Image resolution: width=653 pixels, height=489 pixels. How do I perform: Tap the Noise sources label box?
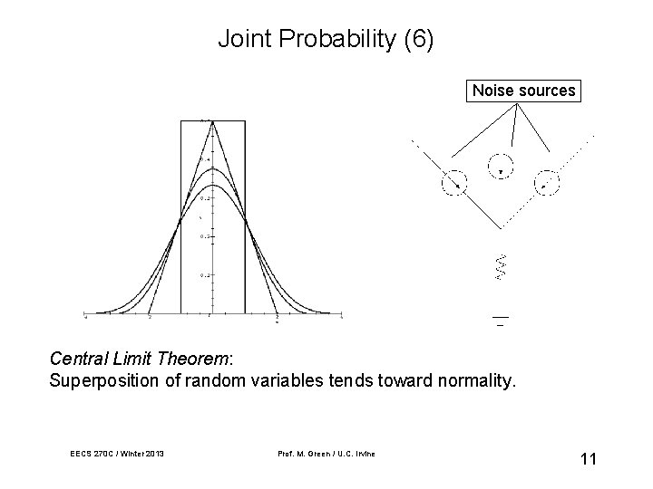[523, 91]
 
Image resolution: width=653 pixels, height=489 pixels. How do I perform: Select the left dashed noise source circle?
[454, 182]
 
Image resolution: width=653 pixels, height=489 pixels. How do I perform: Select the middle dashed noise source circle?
[501, 168]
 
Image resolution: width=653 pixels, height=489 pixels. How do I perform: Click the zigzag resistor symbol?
[499, 266]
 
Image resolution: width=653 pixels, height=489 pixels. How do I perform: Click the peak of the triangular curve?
[212, 122]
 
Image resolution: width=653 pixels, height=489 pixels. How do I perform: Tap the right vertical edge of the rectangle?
[244, 217]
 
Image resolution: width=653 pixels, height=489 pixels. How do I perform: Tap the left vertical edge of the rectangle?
[180, 217]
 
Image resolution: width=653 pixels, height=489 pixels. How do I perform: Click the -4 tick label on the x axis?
[85, 318]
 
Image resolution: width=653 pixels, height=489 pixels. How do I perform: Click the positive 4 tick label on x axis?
[341, 318]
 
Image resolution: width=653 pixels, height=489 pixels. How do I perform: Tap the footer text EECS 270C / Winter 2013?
[115, 453]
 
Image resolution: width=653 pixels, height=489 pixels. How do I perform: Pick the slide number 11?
[588, 459]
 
